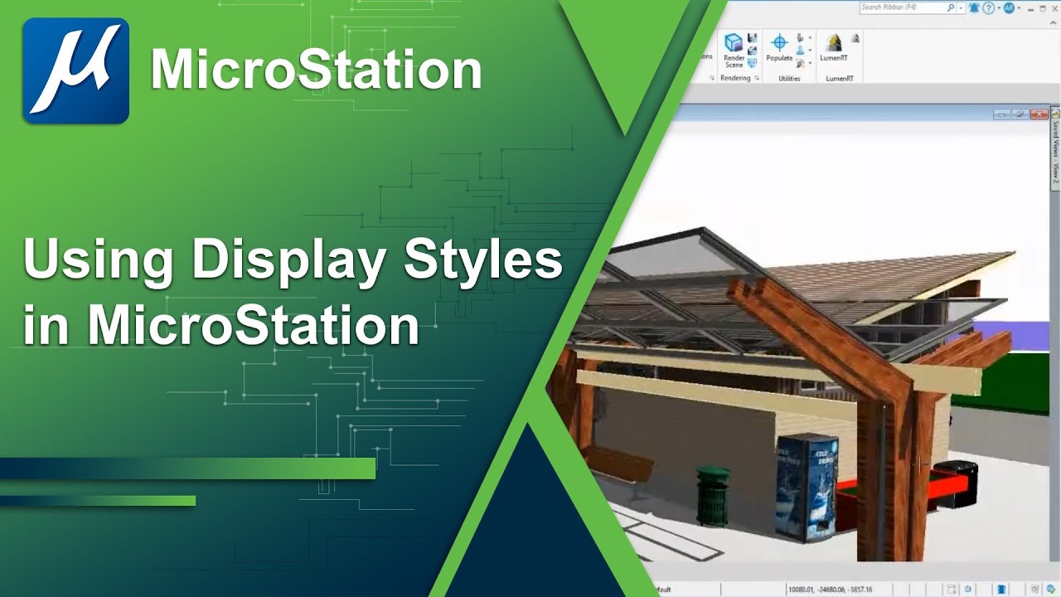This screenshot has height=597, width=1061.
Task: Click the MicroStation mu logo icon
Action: point(75,70)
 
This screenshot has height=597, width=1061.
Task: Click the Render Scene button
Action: point(734,50)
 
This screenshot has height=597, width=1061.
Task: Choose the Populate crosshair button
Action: point(779,47)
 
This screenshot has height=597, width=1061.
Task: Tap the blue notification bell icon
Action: point(974,7)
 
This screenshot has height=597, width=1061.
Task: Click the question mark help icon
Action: point(988,7)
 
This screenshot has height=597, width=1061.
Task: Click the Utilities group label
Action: point(789,79)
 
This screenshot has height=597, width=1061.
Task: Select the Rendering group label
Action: point(734,79)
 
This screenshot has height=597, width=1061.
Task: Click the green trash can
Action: point(712,496)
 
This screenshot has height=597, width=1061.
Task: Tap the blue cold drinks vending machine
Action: point(806,488)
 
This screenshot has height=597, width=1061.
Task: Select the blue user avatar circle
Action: point(1009,7)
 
